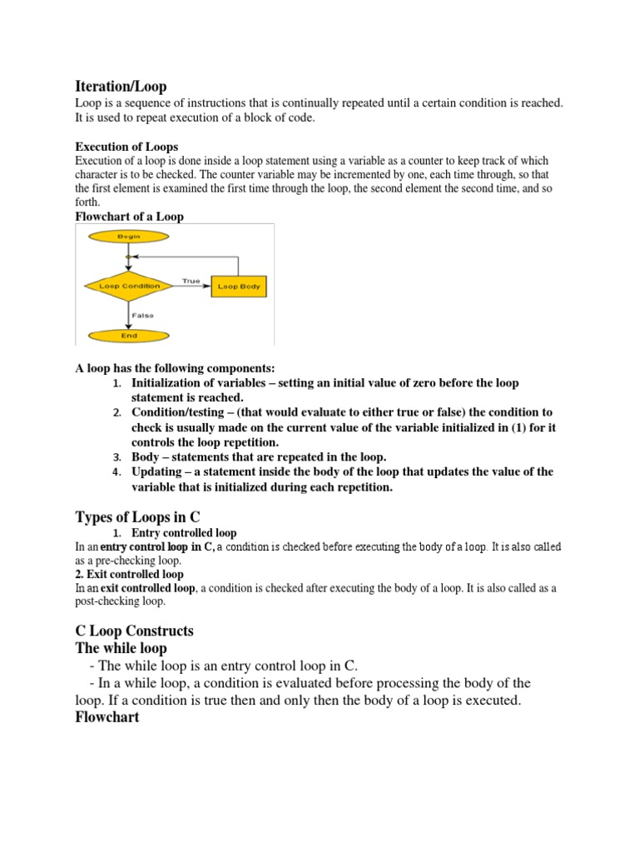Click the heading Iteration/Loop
[x=121, y=86]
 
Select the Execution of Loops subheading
[x=126, y=147]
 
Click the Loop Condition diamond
[x=122, y=286]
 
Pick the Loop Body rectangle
[x=239, y=286]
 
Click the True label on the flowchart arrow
[x=191, y=281]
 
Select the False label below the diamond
[x=141, y=315]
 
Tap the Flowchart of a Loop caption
[x=129, y=217]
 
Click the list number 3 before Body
[x=117, y=457]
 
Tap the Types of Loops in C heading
[x=138, y=516]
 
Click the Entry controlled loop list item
[x=184, y=532]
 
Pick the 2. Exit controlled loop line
[x=129, y=574]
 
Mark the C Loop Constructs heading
[x=134, y=631]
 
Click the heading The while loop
[x=121, y=648]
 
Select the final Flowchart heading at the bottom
[x=106, y=716]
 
